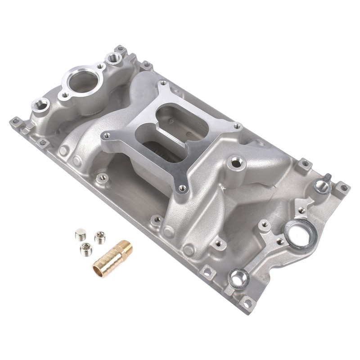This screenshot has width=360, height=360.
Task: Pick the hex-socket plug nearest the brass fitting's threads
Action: [x=98, y=235]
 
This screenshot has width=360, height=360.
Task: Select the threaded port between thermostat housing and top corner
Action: [x=112, y=58]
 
